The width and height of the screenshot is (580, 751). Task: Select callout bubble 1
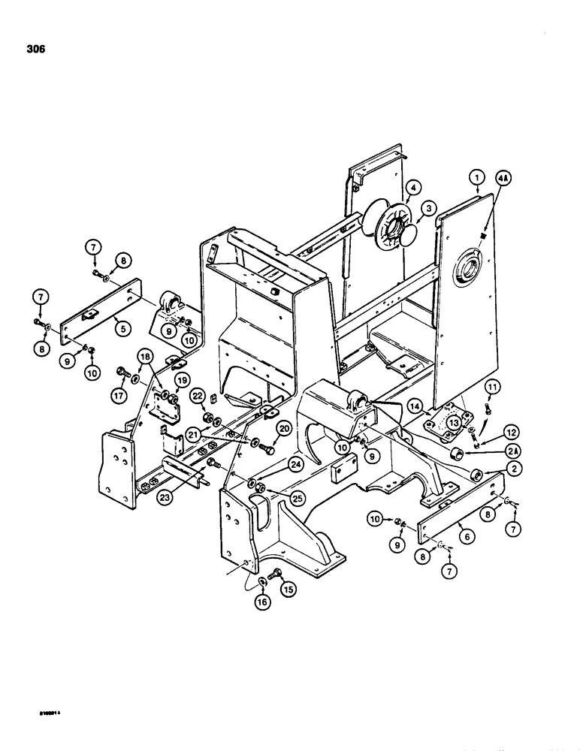[x=474, y=179]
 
